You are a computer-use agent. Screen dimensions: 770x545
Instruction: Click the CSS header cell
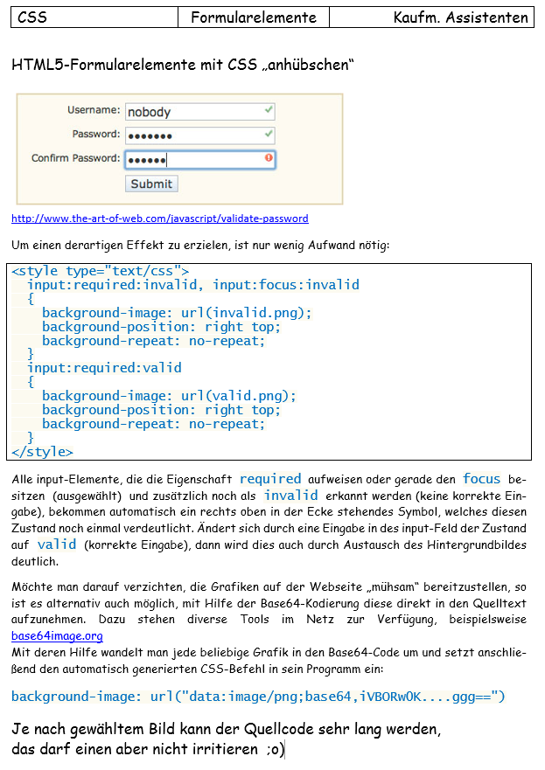point(94,17)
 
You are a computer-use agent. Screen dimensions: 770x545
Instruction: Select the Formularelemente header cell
point(254,17)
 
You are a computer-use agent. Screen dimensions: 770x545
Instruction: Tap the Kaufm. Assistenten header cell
point(431,17)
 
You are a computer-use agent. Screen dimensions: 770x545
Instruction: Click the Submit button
point(152,184)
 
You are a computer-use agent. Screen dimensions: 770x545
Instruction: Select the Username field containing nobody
point(199,112)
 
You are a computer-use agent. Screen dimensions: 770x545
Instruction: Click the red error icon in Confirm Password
point(269,158)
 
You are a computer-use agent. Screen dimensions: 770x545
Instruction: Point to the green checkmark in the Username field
point(269,111)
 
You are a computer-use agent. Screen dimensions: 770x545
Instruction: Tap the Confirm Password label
point(75,158)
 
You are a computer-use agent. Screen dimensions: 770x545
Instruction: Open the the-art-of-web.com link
point(160,219)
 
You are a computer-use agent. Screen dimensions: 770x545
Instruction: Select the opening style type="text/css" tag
point(101,272)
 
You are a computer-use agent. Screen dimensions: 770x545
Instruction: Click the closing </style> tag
point(43,452)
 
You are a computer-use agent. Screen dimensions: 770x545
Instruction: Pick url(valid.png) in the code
point(239,396)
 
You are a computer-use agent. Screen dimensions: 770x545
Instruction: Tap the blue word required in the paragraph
point(270,479)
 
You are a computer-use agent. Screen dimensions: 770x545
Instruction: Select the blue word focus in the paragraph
point(482,479)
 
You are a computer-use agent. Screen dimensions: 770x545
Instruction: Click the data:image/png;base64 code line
point(258,697)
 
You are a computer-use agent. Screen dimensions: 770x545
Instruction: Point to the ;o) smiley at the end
point(276,751)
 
